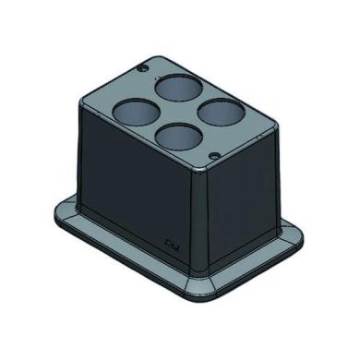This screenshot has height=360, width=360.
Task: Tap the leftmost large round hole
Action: click(x=133, y=113)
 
